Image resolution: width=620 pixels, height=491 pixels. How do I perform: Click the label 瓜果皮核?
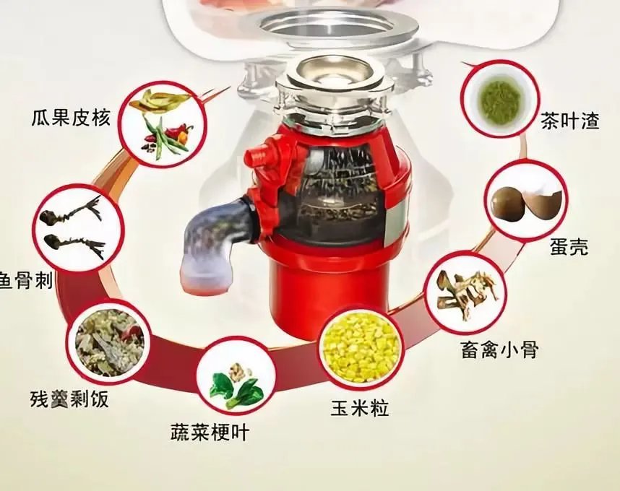[x=71, y=117]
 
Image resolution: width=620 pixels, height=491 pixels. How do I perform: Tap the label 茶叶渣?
[x=570, y=121]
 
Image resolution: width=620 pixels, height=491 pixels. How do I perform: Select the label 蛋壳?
[x=569, y=247]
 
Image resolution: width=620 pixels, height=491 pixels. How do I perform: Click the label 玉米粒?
[x=359, y=409]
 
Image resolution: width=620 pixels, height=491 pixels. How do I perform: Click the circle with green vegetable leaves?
[x=236, y=378]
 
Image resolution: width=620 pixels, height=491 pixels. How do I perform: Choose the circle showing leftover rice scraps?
[x=108, y=339]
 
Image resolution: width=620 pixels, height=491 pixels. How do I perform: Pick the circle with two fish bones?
[x=74, y=225]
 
